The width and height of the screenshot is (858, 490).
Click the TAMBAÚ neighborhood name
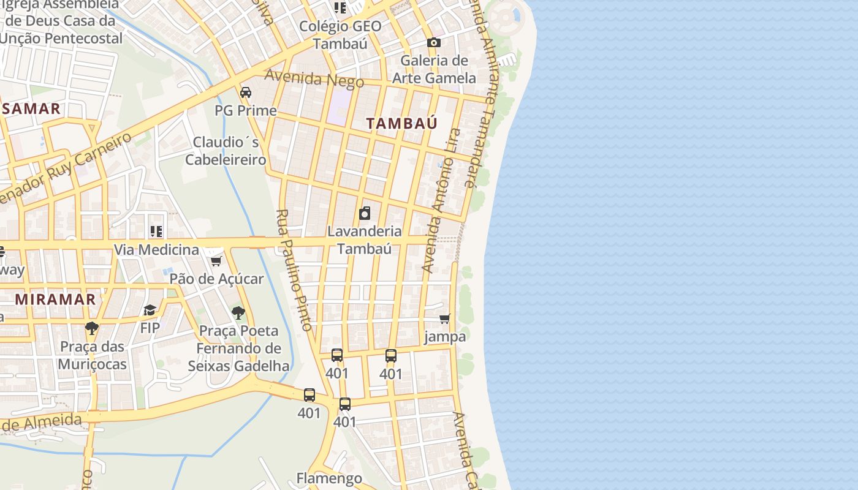tap(402, 123)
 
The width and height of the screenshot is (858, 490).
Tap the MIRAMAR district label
tap(56, 300)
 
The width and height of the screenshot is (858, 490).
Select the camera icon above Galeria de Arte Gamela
tap(434, 42)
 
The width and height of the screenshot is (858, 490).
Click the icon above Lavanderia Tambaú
tap(365, 213)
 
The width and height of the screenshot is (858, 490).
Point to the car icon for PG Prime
tap(246, 92)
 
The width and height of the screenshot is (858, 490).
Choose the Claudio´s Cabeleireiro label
tap(226, 151)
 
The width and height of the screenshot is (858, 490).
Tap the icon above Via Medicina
tap(156, 232)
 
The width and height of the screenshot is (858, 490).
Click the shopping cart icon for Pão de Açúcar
tap(216, 262)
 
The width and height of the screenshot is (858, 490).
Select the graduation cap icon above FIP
tap(150, 311)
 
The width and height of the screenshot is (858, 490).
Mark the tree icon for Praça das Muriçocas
tap(92, 328)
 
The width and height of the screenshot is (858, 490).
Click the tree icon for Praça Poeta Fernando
tap(238, 313)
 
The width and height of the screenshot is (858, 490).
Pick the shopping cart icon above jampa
tap(445, 318)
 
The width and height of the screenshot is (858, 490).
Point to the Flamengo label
tap(329, 478)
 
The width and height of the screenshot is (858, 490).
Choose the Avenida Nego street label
tap(314, 78)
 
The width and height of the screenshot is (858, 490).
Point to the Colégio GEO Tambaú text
tap(340, 35)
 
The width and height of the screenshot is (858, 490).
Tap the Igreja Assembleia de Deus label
tap(61, 21)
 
